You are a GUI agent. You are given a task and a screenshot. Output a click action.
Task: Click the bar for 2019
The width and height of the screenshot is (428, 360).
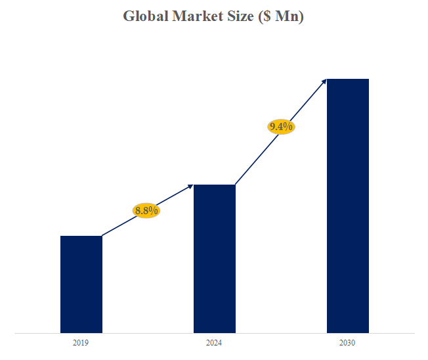point(81,284)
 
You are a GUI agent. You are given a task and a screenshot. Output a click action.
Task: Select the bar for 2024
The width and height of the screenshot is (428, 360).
point(214,258)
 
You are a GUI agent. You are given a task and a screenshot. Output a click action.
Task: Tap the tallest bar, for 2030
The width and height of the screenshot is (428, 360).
point(348,206)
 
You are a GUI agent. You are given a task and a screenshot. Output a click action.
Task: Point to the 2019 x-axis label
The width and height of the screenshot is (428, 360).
point(81,343)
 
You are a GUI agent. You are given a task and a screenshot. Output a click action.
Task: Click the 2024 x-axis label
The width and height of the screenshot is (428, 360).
point(214,343)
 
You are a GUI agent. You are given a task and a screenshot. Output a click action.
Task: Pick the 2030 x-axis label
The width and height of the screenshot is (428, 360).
point(348,343)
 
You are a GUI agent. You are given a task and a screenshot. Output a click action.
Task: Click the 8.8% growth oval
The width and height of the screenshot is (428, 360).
point(146,210)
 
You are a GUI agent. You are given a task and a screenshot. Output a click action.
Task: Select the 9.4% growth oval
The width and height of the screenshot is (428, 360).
point(281,127)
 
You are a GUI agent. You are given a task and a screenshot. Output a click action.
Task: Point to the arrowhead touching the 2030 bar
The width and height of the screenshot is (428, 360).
point(324,81)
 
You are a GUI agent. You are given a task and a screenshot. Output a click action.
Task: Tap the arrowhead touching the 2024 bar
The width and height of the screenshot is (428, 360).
point(190,187)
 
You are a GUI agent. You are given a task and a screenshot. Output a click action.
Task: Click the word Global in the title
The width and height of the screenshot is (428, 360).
point(145,16)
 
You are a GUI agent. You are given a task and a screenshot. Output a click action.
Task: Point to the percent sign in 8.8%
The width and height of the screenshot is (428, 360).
point(155,210)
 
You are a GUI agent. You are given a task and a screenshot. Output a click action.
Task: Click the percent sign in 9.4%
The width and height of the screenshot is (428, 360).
point(289,127)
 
